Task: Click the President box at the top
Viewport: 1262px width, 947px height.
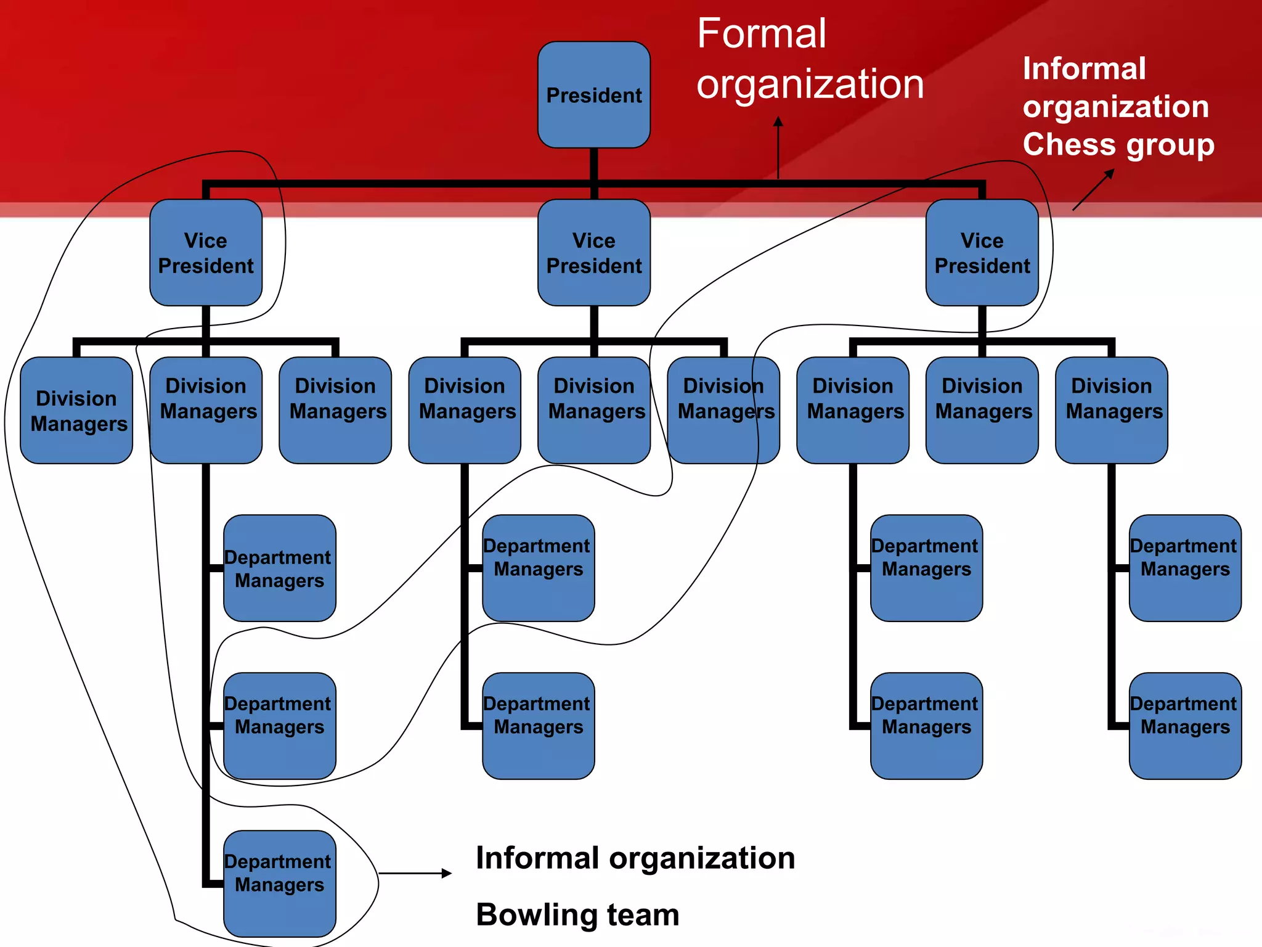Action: (x=593, y=95)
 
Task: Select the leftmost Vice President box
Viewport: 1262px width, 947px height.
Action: (x=206, y=253)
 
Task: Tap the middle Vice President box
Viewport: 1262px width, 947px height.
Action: (x=593, y=253)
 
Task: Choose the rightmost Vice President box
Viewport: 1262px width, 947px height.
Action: (x=982, y=253)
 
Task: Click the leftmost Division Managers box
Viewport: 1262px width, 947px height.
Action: (x=76, y=411)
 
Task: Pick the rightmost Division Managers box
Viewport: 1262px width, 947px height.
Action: (x=1111, y=411)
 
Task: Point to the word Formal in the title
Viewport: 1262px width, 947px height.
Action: (x=761, y=34)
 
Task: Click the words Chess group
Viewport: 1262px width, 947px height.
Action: (x=1118, y=145)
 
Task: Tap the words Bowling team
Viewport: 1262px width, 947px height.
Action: (x=577, y=914)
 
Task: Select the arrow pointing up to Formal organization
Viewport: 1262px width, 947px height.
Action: (x=778, y=148)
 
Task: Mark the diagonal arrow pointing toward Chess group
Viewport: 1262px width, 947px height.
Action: (x=1093, y=190)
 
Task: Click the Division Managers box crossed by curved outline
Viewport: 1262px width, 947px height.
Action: (x=723, y=411)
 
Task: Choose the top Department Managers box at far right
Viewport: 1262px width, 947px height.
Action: (x=1184, y=568)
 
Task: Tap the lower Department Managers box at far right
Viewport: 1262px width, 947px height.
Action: (x=1184, y=726)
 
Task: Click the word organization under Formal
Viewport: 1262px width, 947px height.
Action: (x=810, y=84)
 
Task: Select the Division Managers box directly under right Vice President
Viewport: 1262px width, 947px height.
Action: (x=982, y=411)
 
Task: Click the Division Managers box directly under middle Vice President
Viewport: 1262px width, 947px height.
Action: (x=593, y=411)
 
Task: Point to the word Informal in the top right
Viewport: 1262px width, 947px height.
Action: (x=1084, y=68)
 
